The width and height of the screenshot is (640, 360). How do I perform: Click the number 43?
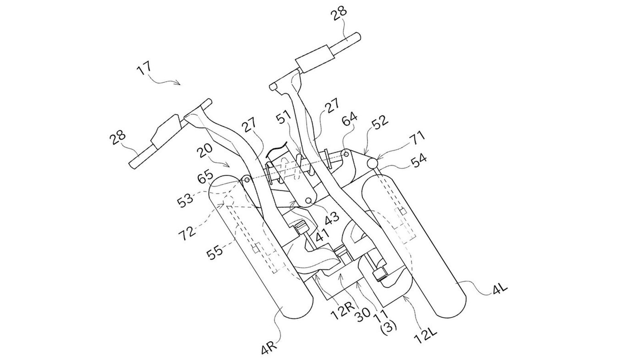(331, 217)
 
